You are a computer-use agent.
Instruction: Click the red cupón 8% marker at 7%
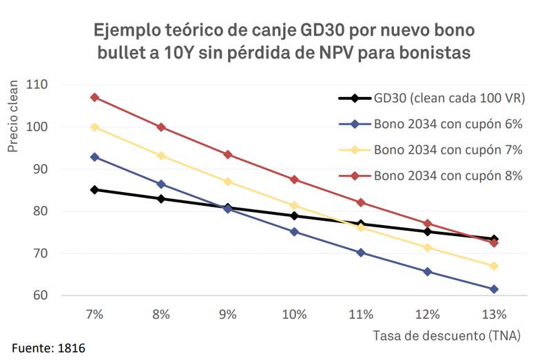pos(94,97)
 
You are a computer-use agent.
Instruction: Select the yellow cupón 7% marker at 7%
pos(94,127)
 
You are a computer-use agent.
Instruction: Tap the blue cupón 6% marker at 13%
pos(495,289)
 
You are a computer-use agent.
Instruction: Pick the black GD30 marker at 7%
pos(94,189)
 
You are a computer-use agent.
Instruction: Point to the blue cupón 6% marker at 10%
pos(294,232)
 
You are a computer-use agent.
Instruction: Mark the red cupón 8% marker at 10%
pos(294,180)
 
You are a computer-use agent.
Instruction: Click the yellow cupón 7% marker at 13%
pos(495,266)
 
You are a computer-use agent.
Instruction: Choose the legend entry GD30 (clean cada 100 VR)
pos(432,98)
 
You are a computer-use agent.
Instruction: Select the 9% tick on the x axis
pos(227,314)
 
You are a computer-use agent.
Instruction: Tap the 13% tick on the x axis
pos(495,314)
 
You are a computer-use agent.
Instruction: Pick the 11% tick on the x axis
pos(361,314)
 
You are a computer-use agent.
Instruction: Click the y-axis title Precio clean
pos(13,124)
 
